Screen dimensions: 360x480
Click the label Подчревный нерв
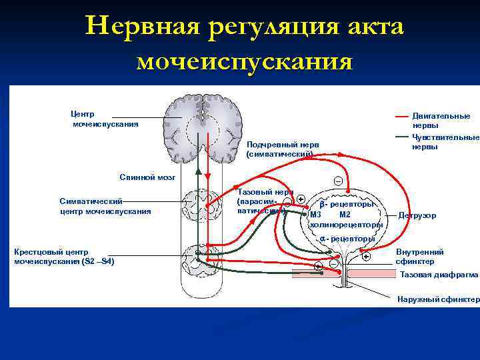282,144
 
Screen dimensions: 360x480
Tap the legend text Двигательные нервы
441,120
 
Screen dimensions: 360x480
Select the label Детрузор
417,215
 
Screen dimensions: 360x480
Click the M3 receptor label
315,214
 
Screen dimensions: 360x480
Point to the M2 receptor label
345,214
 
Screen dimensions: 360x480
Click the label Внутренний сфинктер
419,257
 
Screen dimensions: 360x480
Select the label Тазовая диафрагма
439,274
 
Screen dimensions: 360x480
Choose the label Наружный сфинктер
438,299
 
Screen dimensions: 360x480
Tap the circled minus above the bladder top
338,181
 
